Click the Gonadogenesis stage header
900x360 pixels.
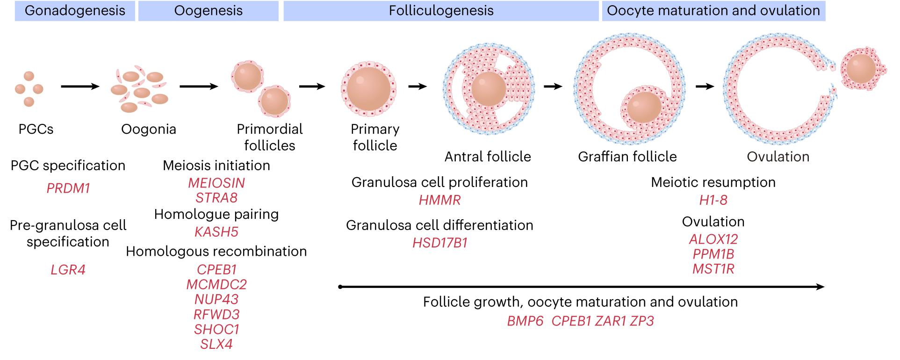[75, 11]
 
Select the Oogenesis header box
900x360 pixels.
[208, 11]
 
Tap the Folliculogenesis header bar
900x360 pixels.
[441, 11]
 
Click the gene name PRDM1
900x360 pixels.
[68, 188]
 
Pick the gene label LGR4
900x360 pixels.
[68, 270]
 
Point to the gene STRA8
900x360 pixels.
[216, 198]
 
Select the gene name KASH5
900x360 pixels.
[216, 232]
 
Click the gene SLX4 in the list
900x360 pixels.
[216, 345]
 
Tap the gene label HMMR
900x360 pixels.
[439, 200]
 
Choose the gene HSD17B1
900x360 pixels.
[439, 243]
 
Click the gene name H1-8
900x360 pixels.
[713, 200]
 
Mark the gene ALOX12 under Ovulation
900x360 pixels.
[713, 239]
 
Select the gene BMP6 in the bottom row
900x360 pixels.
[525, 321]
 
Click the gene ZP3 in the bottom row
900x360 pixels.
[641, 321]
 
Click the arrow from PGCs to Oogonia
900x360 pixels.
[80, 86]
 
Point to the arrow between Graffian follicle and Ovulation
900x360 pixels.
[705, 86]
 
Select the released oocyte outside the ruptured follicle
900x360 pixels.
[861, 69]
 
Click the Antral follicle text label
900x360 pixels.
[488, 157]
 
